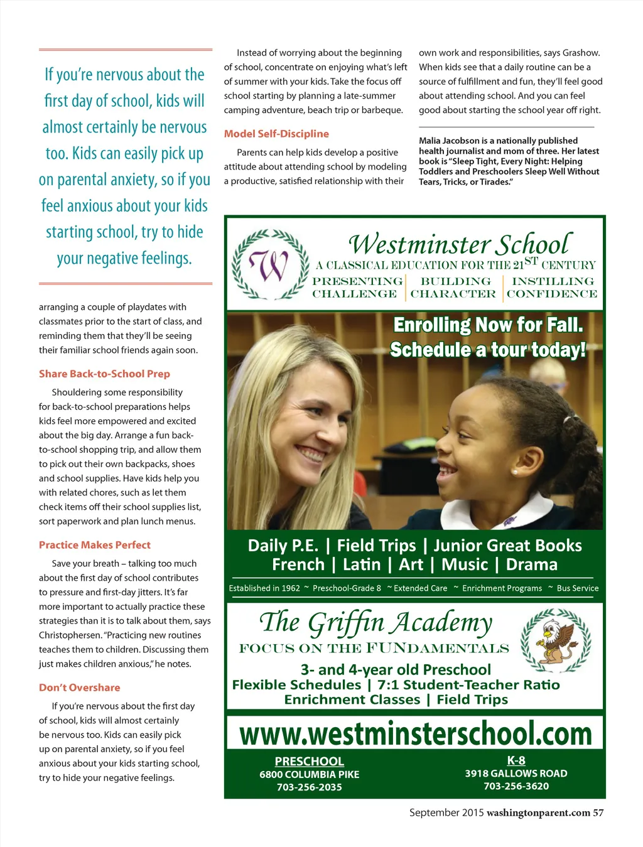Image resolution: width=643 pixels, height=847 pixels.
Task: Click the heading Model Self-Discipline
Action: pos(276,134)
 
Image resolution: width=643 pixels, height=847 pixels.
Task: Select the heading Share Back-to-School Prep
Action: pos(104,374)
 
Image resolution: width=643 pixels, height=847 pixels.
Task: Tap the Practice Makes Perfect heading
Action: pos(95,545)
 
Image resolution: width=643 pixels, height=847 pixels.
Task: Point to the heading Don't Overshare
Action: pos(80,688)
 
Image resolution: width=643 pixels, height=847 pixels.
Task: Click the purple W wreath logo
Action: pos(270,265)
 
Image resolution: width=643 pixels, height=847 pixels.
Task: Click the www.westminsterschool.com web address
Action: pos(416,733)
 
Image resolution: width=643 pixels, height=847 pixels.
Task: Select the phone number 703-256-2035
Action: pos(310,787)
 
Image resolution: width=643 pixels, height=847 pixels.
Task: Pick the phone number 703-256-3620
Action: pos(516,786)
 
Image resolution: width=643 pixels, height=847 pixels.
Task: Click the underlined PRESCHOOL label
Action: pos(310,761)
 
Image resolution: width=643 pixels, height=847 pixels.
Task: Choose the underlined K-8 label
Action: pos(516,760)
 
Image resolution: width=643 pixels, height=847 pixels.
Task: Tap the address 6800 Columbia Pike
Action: pos(310,774)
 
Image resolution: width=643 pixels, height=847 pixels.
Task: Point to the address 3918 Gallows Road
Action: pos(516,774)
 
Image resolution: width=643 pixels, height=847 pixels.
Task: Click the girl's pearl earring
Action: pos(514,471)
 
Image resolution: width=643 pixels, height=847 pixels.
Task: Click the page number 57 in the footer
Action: pos(598,812)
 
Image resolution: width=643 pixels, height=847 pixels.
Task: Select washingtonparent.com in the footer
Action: pos(538,812)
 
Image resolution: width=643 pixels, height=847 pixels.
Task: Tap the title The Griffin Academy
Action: pos(376,622)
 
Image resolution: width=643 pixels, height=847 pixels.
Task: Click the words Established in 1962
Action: pos(264,588)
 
